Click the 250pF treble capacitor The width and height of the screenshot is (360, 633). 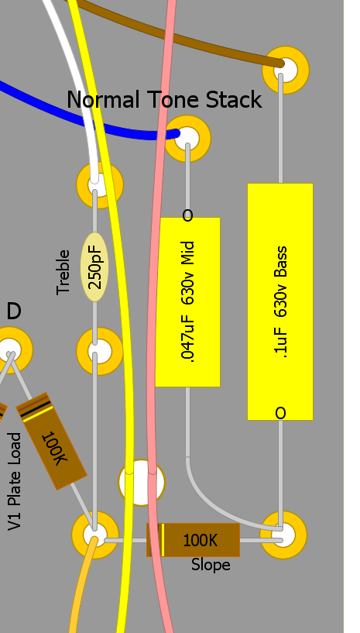(x=94, y=267)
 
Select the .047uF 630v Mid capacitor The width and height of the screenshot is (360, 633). (x=187, y=302)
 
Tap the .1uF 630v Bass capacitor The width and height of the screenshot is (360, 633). (x=280, y=301)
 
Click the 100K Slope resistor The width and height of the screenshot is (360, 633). (x=193, y=540)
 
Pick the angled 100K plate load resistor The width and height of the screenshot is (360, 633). (x=51, y=441)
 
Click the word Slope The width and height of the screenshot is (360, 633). (x=211, y=565)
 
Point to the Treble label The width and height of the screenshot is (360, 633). (x=63, y=272)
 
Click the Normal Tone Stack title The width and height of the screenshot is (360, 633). (x=164, y=100)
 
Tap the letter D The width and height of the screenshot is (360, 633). (x=14, y=311)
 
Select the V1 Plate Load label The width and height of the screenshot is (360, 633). (x=15, y=481)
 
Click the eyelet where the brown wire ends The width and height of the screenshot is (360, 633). (x=286, y=70)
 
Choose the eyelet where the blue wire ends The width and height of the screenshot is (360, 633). (x=187, y=139)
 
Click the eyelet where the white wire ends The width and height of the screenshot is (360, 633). (x=99, y=185)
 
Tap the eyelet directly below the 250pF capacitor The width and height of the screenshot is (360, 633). (x=99, y=351)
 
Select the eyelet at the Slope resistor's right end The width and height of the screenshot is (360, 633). (x=283, y=535)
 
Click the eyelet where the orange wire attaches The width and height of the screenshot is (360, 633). (x=95, y=535)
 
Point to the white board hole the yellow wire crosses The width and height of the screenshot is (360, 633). (x=141, y=483)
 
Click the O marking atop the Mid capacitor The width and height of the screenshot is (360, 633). (x=187, y=215)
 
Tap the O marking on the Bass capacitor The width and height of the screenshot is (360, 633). (x=280, y=413)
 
